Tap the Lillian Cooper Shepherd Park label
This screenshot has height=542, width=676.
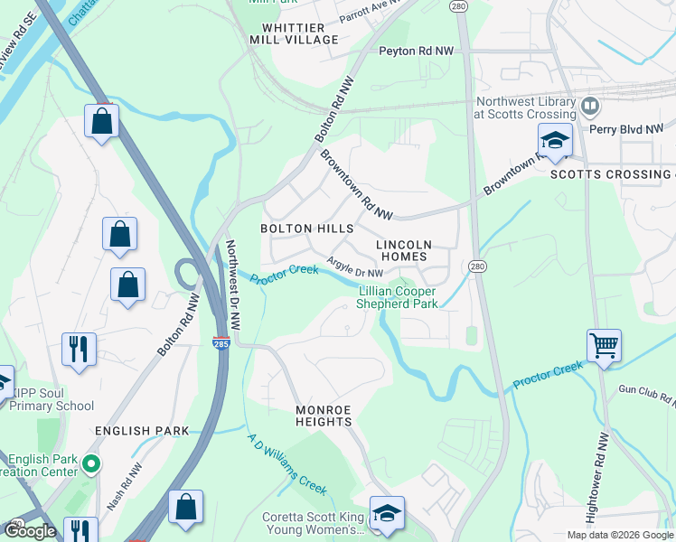coord(398,297)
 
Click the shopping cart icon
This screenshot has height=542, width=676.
coord(604,344)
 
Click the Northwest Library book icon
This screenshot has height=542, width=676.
coord(590,107)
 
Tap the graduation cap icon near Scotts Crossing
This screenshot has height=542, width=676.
coord(555,140)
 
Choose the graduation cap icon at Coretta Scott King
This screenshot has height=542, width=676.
coord(386,512)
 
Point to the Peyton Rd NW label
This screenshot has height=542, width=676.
coord(415,51)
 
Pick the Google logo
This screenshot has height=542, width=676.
coord(31,531)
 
